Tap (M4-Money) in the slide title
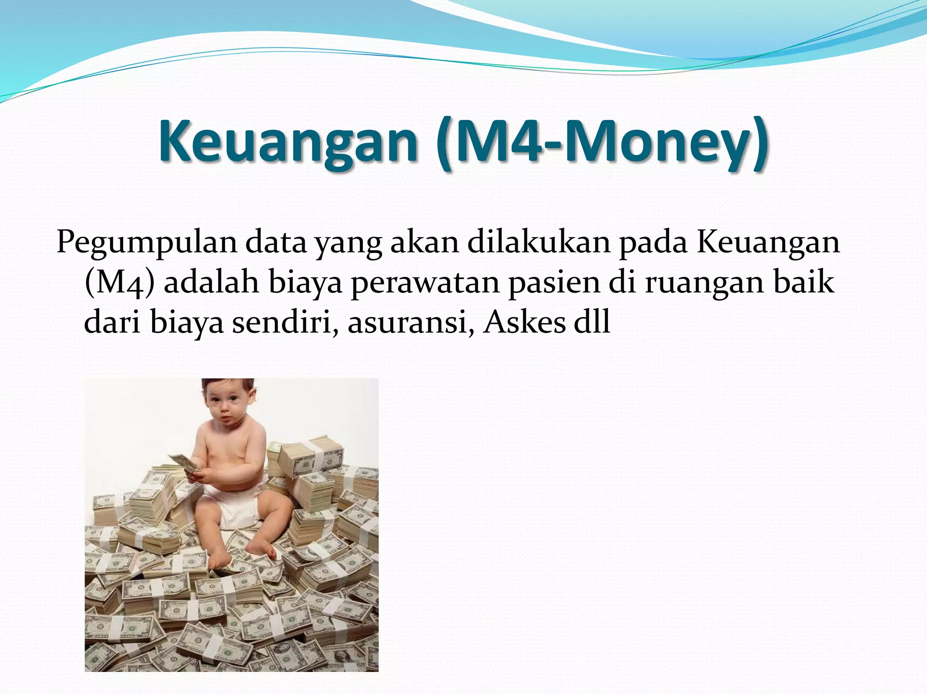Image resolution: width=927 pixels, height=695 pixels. tap(602, 141)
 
